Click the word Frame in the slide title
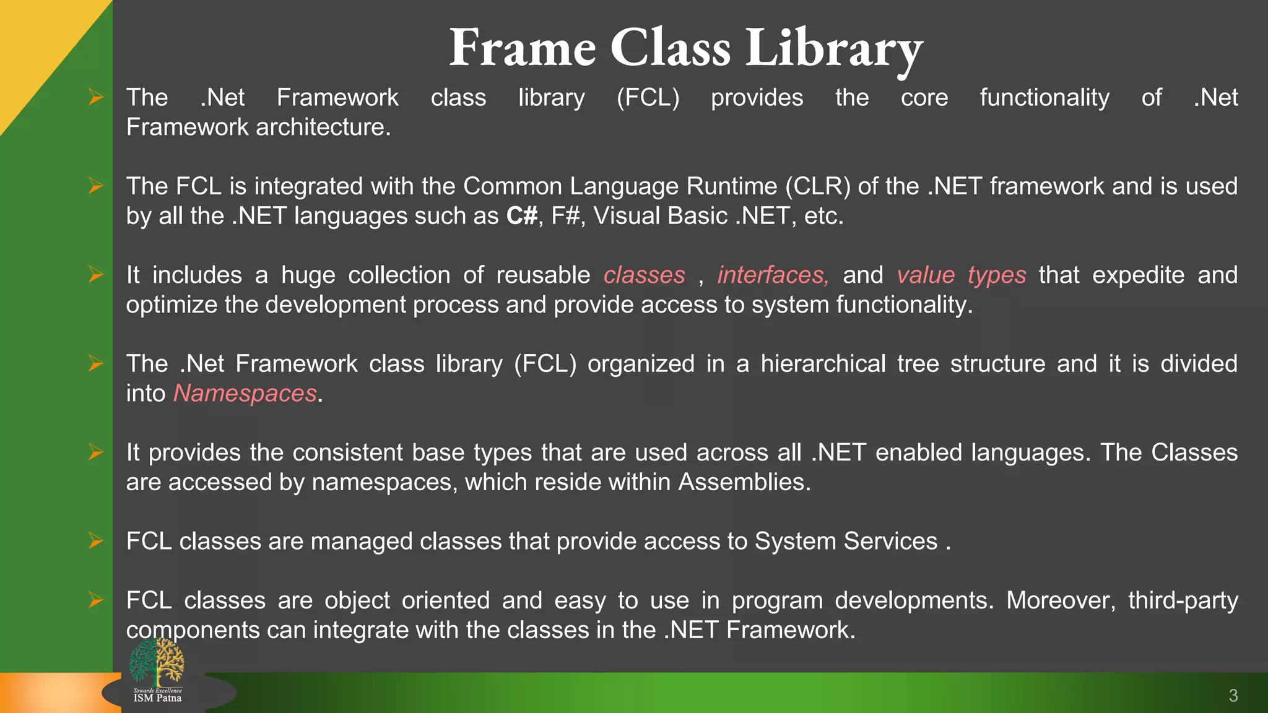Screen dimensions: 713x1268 coord(522,48)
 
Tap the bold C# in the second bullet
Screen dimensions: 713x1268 coord(522,216)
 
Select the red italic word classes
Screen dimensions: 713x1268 coord(644,275)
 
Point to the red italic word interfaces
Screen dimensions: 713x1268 coord(773,275)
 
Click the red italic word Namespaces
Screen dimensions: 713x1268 coord(245,394)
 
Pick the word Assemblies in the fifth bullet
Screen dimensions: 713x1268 coord(744,482)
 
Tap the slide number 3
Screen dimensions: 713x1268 coord(1233,696)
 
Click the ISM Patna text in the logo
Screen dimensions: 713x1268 coord(157,698)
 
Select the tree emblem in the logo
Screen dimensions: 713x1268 coord(157,662)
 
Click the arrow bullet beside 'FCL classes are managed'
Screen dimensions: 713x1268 coord(95,541)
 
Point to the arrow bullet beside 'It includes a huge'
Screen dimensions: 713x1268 coord(95,274)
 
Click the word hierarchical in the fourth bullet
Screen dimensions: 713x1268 coord(823,364)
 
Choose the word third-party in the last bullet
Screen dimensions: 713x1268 coord(1183,600)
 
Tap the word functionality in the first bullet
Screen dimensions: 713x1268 coord(1044,98)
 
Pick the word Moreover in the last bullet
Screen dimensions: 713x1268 coord(1061,600)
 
